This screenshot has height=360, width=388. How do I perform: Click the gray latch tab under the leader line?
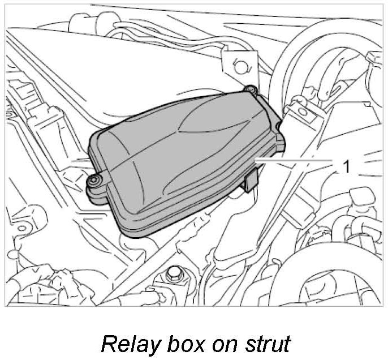pos(252,181)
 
